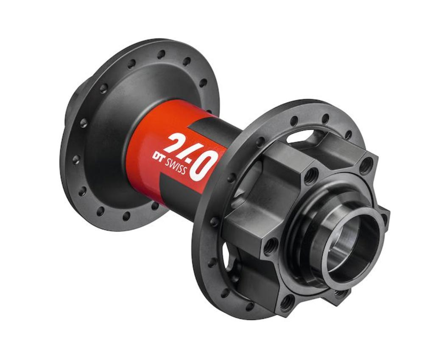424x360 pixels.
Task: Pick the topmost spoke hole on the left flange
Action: pos(161,54)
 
